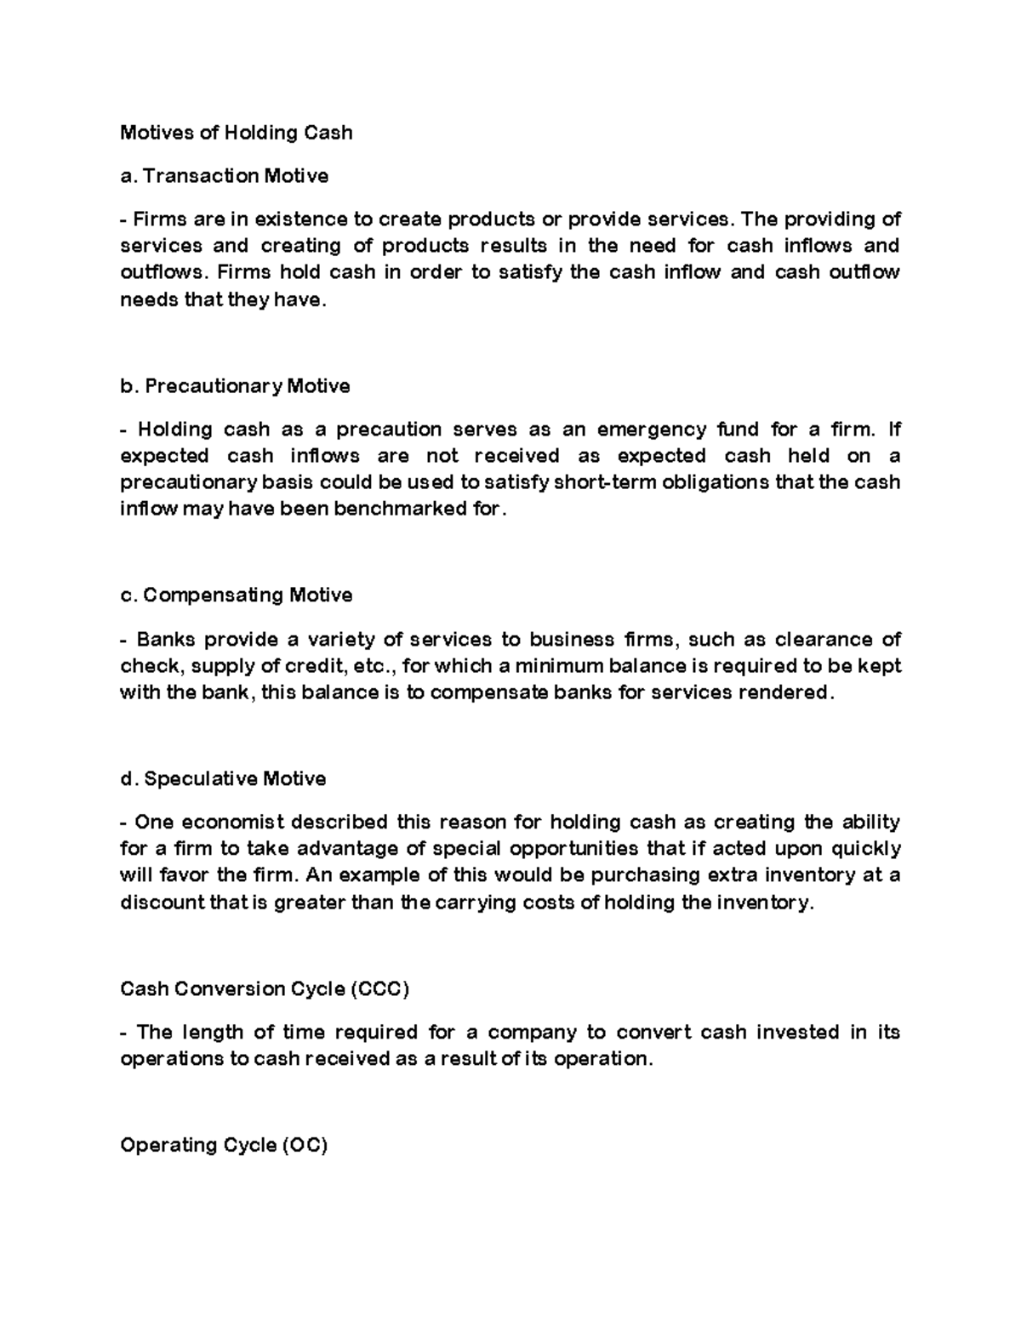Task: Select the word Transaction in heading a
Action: (200, 176)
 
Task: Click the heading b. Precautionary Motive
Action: (235, 386)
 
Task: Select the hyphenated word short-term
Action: (605, 482)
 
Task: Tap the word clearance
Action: (805, 639)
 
